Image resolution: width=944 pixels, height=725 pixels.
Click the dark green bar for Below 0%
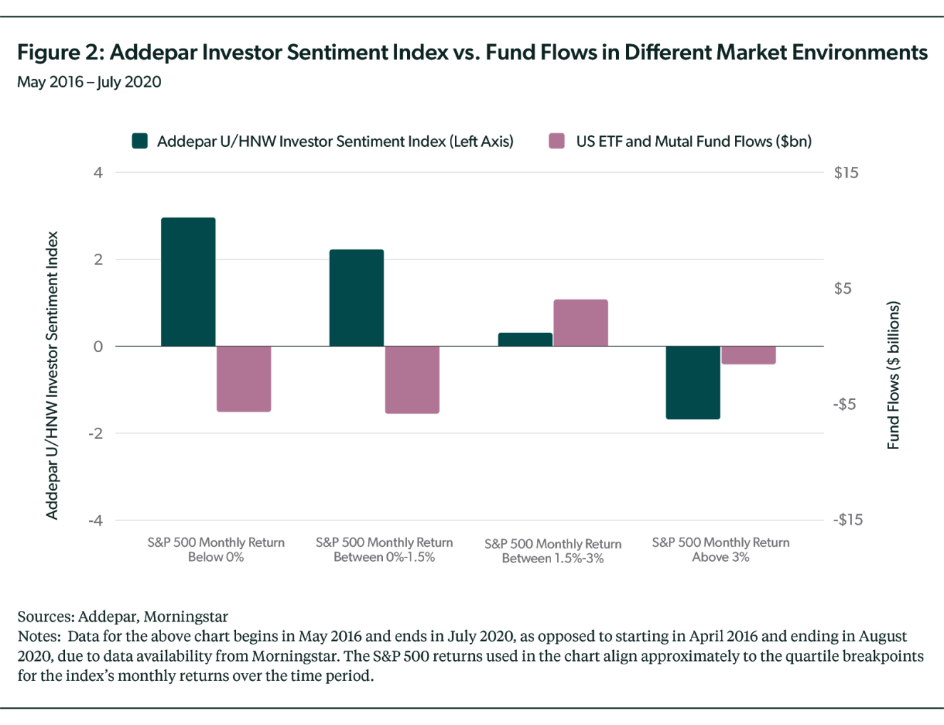tap(188, 282)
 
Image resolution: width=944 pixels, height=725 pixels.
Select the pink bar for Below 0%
tap(244, 379)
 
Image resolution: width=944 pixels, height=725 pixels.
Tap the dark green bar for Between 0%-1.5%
tap(356, 297)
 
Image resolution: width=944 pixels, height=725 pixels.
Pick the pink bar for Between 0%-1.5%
tap(412, 380)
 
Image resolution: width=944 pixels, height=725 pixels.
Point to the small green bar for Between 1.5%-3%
tap(525, 339)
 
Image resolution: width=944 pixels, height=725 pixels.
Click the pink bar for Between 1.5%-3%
tap(580, 322)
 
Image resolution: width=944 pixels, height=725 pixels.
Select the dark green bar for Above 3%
tap(693, 383)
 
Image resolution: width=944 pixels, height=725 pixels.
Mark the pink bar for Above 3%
tap(749, 355)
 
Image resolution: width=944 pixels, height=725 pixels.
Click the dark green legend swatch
tap(140, 140)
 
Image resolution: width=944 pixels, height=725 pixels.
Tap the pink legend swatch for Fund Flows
tap(556, 140)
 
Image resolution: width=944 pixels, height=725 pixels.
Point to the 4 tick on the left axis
tap(98, 173)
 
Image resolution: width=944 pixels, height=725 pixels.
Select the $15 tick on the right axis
tap(846, 173)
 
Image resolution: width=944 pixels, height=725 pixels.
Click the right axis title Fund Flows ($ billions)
tap(893, 375)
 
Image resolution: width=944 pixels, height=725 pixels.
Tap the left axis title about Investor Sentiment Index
tap(51, 375)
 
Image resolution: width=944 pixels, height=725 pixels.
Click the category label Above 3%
tap(721, 550)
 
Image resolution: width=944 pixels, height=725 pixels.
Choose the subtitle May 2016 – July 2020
tap(89, 82)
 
